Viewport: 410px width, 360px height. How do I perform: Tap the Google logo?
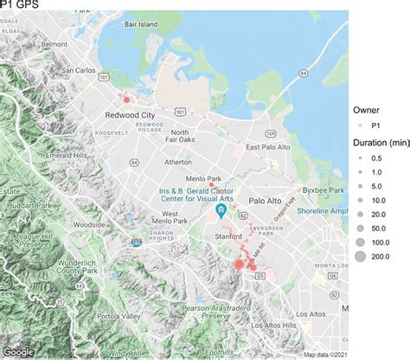pos(19,351)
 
